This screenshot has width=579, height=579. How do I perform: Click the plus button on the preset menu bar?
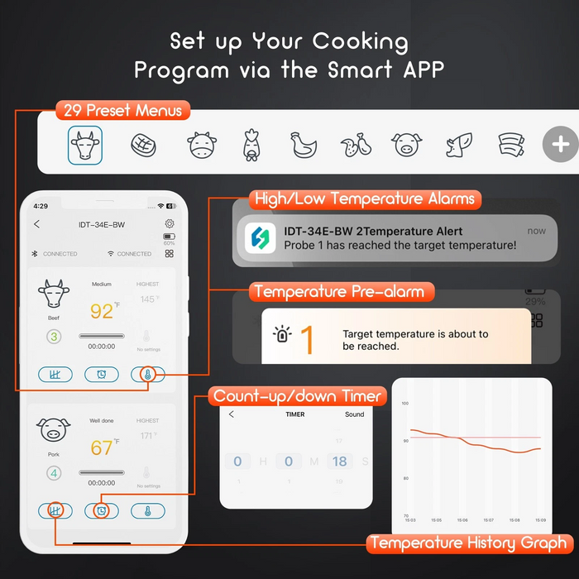[x=560, y=145]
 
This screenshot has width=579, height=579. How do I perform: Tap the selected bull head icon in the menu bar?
[x=85, y=146]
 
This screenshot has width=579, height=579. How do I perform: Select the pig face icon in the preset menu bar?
[x=403, y=146]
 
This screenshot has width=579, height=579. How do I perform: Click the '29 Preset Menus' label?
[x=122, y=110]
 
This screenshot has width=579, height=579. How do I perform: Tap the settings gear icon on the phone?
[x=170, y=223]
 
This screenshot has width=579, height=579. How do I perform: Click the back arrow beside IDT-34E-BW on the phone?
[x=36, y=224]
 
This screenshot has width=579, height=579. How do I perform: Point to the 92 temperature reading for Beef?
[x=102, y=312]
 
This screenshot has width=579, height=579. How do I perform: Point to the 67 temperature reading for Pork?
[x=102, y=448]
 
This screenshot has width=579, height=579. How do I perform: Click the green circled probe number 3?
[x=54, y=337]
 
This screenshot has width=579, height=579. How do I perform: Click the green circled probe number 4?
[x=54, y=473]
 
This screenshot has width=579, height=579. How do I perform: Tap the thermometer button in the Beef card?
[x=147, y=375]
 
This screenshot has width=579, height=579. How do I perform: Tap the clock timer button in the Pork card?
[x=101, y=511]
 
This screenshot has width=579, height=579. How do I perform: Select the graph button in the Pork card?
[x=55, y=511]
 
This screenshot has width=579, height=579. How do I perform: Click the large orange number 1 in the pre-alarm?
[x=306, y=340]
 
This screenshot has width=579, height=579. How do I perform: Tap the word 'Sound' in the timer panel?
[x=354, y=414]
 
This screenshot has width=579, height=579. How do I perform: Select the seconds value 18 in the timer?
[x=339, y=462]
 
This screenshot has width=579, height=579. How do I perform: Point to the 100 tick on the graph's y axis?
[x=405, y=404]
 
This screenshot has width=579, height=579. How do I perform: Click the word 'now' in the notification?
[x=536, y=232]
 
